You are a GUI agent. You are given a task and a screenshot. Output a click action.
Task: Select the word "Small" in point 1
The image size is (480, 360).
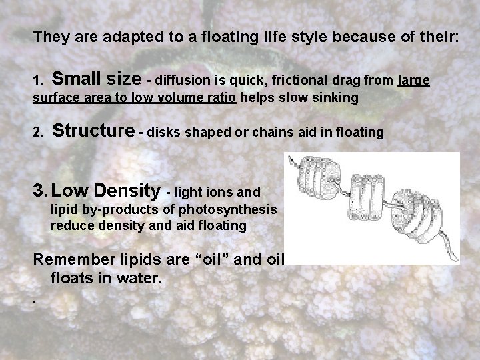point(76,80)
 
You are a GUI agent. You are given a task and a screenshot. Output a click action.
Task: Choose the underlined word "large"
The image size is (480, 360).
point(413,81)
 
